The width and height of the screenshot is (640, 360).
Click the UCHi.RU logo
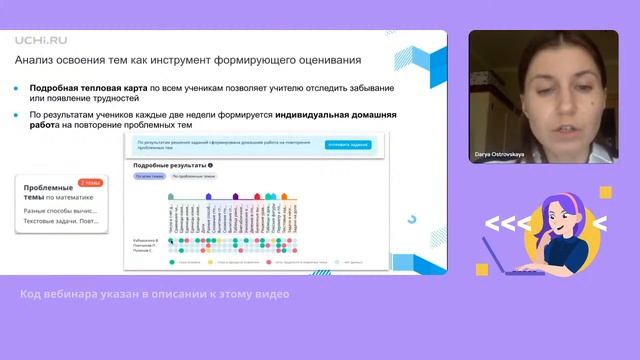pyautogui.click(x=39, y=41)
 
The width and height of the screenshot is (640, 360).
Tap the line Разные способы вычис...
pyautogui.click(x=60, y=212)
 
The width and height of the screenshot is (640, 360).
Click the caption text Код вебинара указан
pyautogui.click(x=155, y=294)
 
